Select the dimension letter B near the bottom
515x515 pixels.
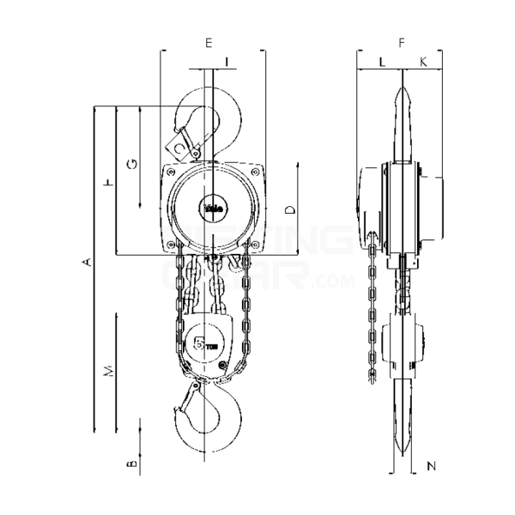[130, 464]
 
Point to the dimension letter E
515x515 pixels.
[209, 41]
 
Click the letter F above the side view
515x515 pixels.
[400, 41]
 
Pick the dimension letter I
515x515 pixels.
[226, 61]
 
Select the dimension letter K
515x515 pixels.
[423, 61]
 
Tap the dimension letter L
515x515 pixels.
[381, 61]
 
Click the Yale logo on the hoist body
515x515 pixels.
[212, 206]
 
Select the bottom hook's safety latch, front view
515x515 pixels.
[191, 401]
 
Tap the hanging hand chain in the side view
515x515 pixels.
[371, 309]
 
